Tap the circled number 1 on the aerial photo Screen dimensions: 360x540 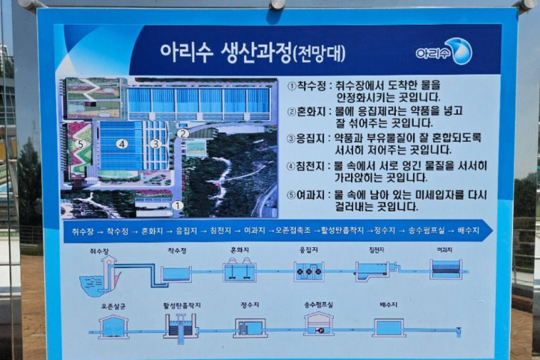coord(177,204)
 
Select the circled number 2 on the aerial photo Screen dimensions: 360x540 coord(182,133)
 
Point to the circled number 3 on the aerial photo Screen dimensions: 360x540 coord(155,143)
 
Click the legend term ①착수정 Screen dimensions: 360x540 coord(307,86)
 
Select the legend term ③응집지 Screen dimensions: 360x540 coord(307,138)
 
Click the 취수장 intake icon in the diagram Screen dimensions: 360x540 coord(101,277)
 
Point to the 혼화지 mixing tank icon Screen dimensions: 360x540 coord(240,271)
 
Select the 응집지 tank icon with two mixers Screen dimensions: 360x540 coord(308,272)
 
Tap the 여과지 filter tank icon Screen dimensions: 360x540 coord(446,270)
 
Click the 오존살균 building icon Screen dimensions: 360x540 coord(113,326)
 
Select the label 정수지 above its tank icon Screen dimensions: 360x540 coord(249,305)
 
